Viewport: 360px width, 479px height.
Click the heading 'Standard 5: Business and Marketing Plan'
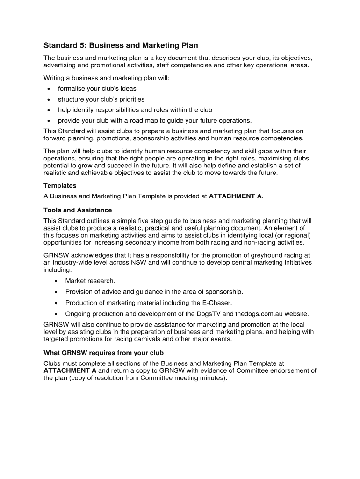121,45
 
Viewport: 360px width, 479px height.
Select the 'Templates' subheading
60,186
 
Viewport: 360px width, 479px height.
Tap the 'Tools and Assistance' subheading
78,210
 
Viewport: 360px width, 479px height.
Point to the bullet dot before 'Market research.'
56,281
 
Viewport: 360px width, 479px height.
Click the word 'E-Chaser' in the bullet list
217,303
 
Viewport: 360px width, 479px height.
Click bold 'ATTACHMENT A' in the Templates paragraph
235,196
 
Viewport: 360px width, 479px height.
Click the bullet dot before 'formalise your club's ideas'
49,88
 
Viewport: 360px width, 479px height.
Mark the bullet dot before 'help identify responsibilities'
49,110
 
